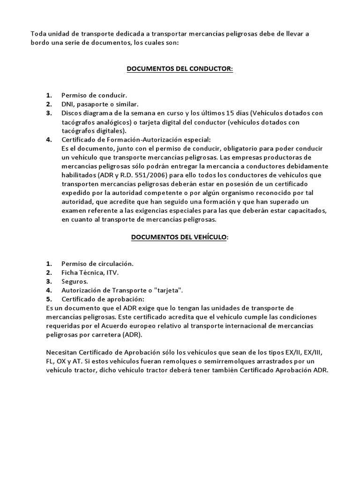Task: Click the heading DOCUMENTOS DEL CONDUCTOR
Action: (x=180, y=69)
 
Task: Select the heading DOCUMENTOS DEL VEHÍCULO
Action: (x=180, y=237)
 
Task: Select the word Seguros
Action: (x=75, y=281)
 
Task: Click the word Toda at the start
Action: (x=38, y=33)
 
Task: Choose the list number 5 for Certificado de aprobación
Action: (x=49, y=299)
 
